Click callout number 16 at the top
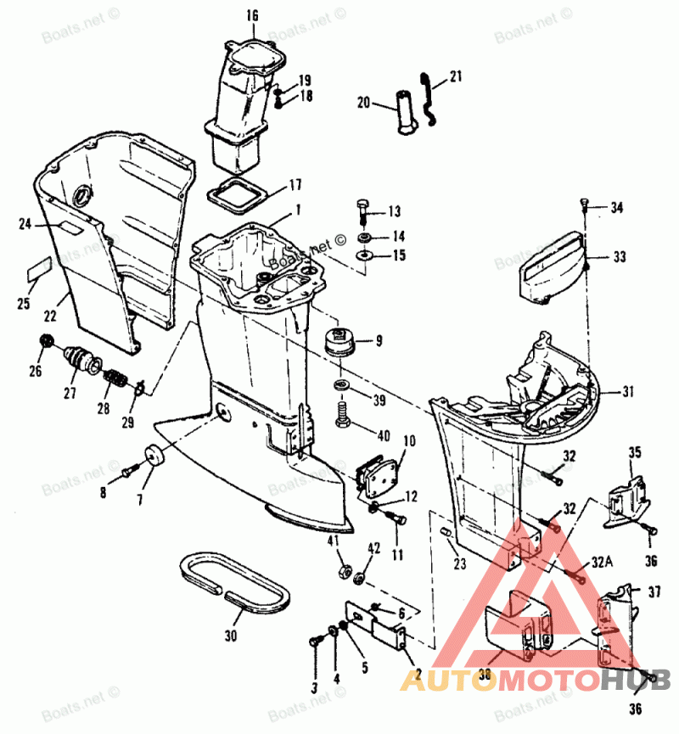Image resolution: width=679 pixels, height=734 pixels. (x=251, y=14)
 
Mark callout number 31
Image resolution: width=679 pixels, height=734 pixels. (x=628, y=391)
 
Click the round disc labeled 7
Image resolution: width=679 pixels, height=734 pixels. (x=154, y=456)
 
